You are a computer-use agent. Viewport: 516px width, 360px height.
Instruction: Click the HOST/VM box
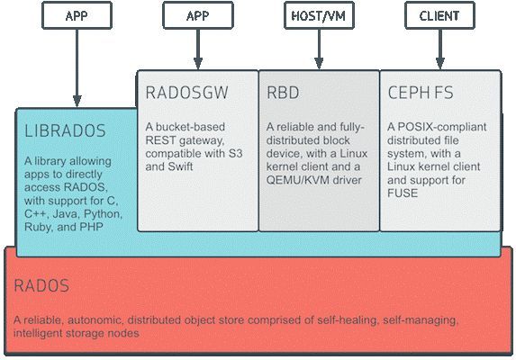point(319,15)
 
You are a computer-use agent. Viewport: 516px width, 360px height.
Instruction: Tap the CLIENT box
point(439,15)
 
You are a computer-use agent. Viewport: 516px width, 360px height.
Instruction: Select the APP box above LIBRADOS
point(77,15)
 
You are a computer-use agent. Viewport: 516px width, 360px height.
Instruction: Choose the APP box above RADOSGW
point(198,15)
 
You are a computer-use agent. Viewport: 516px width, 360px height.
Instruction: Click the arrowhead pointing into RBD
point(319,64)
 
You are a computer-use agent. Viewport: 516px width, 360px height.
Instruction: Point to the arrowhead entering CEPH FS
point(440,64)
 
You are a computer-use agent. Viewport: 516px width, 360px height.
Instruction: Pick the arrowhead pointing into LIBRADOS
point(77,102)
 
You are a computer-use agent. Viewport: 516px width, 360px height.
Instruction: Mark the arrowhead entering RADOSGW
point(198,64)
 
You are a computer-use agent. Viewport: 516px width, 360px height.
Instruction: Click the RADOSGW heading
point(186,93)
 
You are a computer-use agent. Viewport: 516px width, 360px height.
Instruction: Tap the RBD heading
point(283,93)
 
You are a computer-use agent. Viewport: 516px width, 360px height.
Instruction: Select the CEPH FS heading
point(421,93)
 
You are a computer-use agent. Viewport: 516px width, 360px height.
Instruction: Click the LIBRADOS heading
point(65,130)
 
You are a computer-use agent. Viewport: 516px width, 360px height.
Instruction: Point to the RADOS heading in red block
point(41,285)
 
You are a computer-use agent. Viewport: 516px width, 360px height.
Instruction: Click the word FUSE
point(403,193)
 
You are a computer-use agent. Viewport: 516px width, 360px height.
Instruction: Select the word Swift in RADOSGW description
point(180,166)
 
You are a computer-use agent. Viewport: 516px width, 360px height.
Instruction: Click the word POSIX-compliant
point(442,127)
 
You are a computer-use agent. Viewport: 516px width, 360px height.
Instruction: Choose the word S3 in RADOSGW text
point(235,154)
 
